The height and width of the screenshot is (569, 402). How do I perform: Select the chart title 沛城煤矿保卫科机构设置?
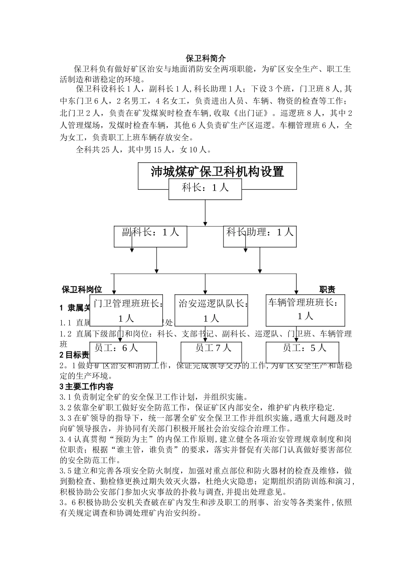tap(217, 171)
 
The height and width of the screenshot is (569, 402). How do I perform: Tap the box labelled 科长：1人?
tap(205, 188)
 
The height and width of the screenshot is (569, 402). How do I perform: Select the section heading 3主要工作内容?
tap(86, 387)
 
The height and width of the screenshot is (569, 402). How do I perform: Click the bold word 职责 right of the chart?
tap(327, 290)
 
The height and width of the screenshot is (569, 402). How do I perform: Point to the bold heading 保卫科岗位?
tap(82, 290)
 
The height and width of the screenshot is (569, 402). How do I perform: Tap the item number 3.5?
tap(66, 471)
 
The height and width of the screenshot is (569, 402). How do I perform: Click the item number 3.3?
tap(66, 418)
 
